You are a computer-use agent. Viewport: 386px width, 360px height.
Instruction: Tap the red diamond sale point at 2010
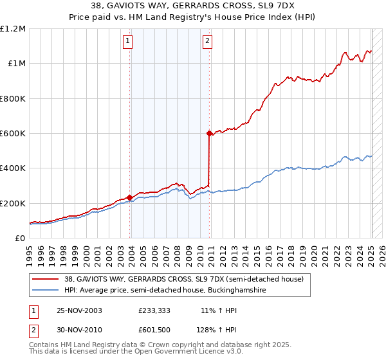(x=209, y=133)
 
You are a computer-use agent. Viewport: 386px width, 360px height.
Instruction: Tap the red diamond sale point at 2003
(x=130, y=197)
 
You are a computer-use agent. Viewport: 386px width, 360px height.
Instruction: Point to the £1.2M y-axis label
(x=13, y=29)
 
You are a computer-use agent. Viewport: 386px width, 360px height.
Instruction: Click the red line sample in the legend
(x=46, y=279)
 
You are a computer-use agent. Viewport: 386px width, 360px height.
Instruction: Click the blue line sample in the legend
(x=46, y=291)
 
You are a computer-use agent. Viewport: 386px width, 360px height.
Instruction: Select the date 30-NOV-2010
(x=80, y=330)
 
